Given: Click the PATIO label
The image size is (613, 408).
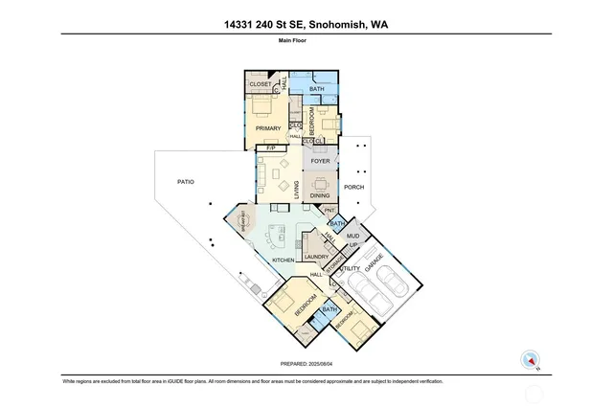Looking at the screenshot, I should [186, 179].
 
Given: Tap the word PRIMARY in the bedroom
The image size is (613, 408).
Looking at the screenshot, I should [267, 128].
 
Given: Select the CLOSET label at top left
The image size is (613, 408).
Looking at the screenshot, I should [261, 85].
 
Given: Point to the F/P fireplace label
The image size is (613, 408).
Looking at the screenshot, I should [271, 148].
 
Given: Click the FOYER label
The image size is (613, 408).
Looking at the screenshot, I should [320, 161].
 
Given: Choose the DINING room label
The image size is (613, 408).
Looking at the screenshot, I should [320, 196].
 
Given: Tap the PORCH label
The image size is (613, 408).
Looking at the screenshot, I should [354, 187].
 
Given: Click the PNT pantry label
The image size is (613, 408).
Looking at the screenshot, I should [329, 210].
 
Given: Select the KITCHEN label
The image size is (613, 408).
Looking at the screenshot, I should [283, 261].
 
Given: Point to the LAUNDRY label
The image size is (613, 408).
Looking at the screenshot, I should [316, 257].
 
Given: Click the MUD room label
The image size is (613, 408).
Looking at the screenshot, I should [352, 235].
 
